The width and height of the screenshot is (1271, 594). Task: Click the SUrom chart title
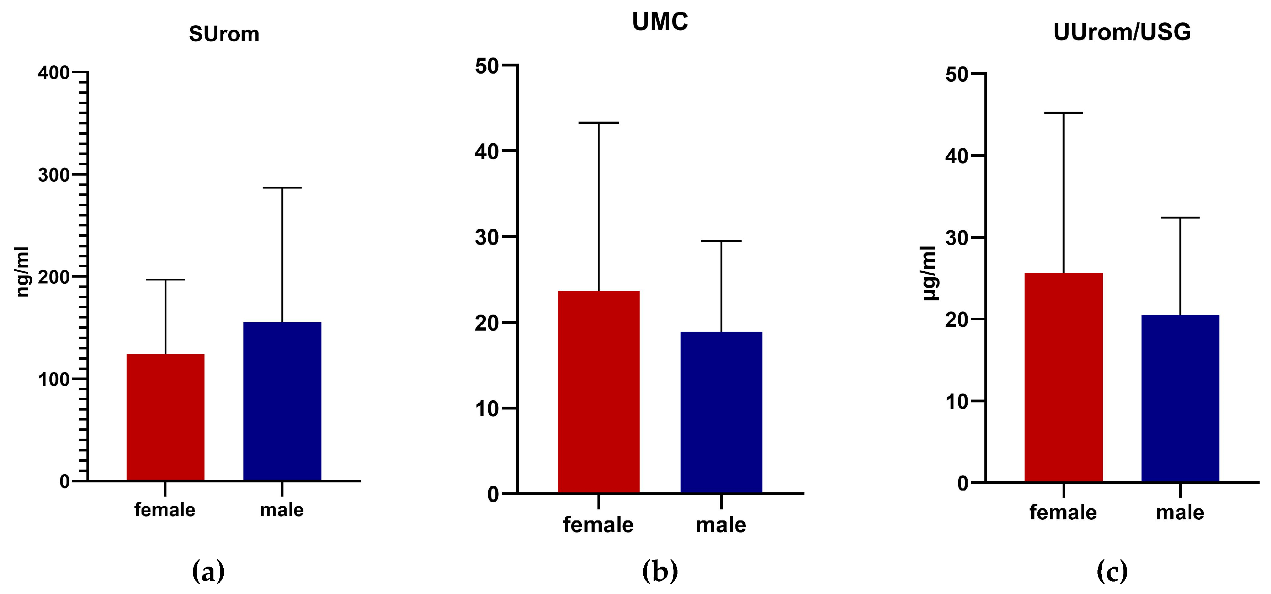pyautogui.click(x=224, y=34)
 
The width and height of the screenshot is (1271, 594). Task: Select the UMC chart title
pyautogui.click(x=660, y=22)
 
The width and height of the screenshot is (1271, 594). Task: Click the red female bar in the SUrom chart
pyautogui.click(x=165, y=417)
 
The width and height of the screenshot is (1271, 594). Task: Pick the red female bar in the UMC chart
pyautogui.click(x=599, y=392)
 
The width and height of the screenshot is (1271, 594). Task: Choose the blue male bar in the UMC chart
pyautogui.click(x=721, y=412)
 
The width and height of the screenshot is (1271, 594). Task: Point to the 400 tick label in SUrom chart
pyautogui.click(x=53, y=73)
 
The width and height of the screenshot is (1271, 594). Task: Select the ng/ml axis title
pyautogui.click(x=23, y=272)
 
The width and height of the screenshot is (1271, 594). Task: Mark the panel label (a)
pyautogui.click(x=208, y=571)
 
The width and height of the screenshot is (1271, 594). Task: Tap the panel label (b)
pyautogui.click(x=660, y=571)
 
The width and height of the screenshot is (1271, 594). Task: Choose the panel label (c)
pyautogui.click(x=1112, y=571)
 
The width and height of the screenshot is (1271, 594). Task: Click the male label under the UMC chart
pyautogui.click(x=721, y=525)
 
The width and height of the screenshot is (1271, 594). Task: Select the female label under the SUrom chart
pyautogui.click(x=165, y=510)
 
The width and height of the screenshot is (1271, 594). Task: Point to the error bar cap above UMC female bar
pyautogui.click(x=599, y=122)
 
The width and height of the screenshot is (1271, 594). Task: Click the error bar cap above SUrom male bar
pyautogui.click(x=282, y=188)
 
